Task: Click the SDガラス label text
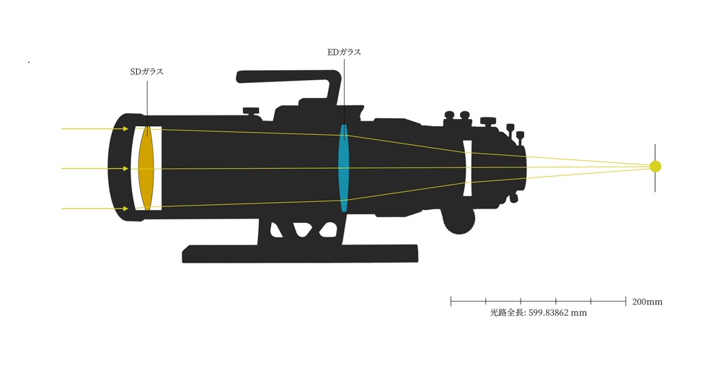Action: click(146, 72)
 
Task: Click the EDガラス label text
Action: click(344, 52)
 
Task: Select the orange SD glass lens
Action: click(146, 168)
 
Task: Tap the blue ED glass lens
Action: click(343, 168)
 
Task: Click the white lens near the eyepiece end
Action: click(468, 168)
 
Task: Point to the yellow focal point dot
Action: click(655, 167)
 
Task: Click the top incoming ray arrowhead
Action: click(125, 129)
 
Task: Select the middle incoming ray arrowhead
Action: click(125, 169)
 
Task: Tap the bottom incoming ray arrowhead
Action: click(125, 208)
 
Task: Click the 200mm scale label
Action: click(647, 302)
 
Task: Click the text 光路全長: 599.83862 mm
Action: click(539, 313)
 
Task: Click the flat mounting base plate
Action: click(300, 254)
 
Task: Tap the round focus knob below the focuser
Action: click(459, 222)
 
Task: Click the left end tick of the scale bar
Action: click(451, 302)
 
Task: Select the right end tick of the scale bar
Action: click(626, 302)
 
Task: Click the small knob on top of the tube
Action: click(251, 111)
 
